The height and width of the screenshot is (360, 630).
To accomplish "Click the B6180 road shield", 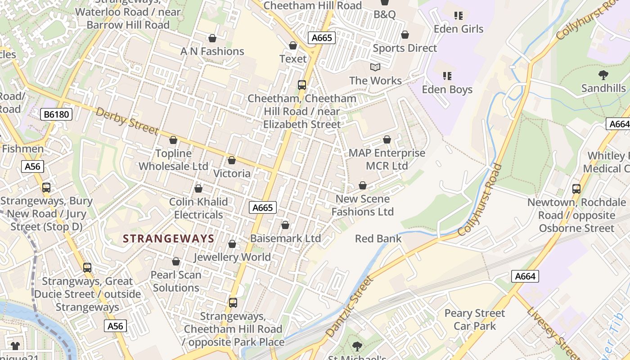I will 56,114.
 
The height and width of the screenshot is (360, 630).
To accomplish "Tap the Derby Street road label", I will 127,121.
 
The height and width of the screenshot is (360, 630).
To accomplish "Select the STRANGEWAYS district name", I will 169,238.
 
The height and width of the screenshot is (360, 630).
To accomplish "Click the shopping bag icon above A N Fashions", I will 212,38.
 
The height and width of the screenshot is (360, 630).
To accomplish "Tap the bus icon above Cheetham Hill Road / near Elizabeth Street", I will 302,85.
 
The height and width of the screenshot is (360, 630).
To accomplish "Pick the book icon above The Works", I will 375,67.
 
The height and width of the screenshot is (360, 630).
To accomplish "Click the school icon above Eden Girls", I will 459,16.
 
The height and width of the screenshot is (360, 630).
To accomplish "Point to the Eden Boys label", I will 447,89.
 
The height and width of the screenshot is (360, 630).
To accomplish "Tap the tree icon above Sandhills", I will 603,75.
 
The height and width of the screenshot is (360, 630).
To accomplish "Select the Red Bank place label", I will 378,238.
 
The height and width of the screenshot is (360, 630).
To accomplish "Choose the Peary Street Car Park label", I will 475,319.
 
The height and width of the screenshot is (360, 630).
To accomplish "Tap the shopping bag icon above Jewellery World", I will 232,244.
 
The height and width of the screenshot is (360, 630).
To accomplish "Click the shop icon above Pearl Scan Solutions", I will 176,261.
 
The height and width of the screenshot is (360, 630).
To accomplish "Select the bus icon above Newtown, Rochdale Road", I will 576,189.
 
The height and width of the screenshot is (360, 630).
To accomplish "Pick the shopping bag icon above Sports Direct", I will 405,35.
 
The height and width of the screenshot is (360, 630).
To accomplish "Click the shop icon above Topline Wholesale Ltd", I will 173,140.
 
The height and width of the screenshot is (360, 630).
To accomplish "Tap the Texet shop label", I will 293,58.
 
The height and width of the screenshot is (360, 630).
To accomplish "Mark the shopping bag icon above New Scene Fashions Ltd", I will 363,185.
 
